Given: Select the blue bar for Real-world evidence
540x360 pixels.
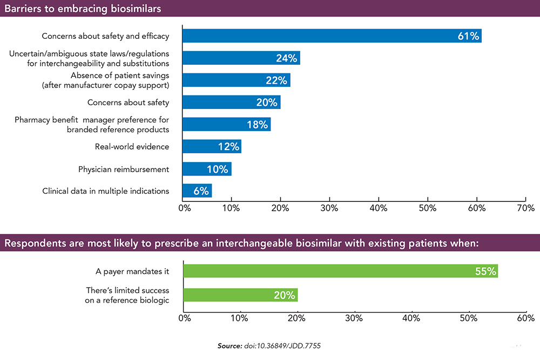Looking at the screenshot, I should point(212,147).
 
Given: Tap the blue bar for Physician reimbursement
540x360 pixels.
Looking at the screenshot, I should point(207,169).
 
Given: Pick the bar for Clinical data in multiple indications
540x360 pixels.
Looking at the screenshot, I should point(197,191).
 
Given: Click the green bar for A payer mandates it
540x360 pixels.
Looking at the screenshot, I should point(340,271).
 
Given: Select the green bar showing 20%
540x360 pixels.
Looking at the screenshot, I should point(240,295).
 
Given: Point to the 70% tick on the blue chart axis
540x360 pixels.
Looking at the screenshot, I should point(525,208).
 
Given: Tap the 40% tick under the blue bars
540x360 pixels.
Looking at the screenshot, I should point(378,208).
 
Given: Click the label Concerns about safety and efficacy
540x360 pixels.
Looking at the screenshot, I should point(105,36).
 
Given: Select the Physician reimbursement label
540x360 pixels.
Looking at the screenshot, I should point(124,169).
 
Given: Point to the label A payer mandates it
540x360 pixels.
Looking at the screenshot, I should point(132,271).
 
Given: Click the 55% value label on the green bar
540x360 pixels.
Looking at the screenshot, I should point(485,271).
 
